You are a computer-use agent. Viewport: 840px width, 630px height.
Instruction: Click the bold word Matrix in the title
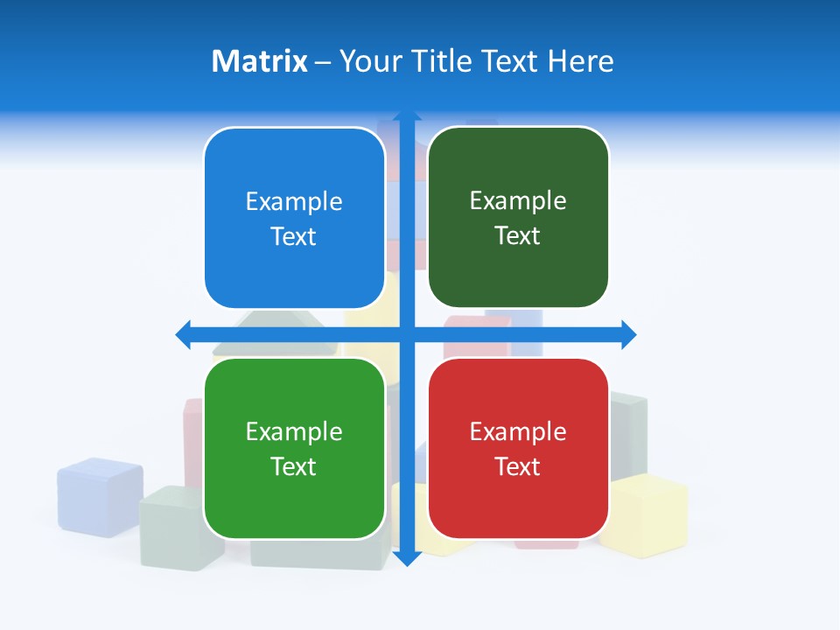tap(259, 61)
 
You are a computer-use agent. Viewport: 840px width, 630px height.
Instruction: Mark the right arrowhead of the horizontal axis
tap(627, 334)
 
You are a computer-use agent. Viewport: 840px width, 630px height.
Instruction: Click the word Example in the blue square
tap(294, 202)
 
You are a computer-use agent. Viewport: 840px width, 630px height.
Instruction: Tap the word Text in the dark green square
tap(518, 236)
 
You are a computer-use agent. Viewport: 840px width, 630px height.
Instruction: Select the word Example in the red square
tap(518, 431)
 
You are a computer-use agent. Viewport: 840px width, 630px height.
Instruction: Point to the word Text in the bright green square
tap(294, 466)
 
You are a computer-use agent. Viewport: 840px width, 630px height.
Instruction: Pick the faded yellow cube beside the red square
tap(647, 516)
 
